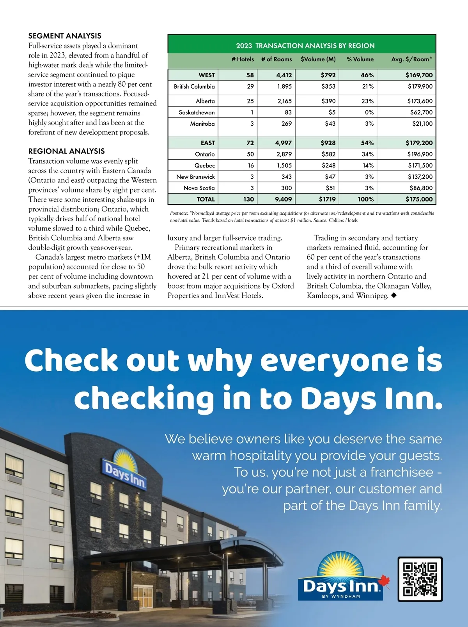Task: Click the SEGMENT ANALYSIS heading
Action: click(x=65, y=36)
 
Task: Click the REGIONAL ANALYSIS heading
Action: click(x=66, y=151)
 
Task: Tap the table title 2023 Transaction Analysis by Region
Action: click(x=305, y=46)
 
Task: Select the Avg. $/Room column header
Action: click(x=411, y=59)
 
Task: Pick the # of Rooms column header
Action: click(x=277, y=59)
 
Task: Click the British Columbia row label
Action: click(x=194, y=87)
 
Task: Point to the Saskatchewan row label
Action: click(x=197, y=112)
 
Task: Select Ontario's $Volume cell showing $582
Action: click(x=328, y=154)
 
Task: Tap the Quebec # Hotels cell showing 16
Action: click(x=250, y=166)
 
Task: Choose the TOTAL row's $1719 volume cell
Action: click(x=327, y=199)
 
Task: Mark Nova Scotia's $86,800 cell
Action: click(x=421, y=188)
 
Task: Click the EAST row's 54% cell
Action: click(x=367, y=143)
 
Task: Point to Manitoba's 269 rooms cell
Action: click(x=286, y=124)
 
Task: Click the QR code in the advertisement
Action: click(x=420, y=579)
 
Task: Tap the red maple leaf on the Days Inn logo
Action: click(x=385, y=581)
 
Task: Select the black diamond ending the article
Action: click(x=394, y=296)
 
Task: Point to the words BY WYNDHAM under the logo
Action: click(x=341, y=597)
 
